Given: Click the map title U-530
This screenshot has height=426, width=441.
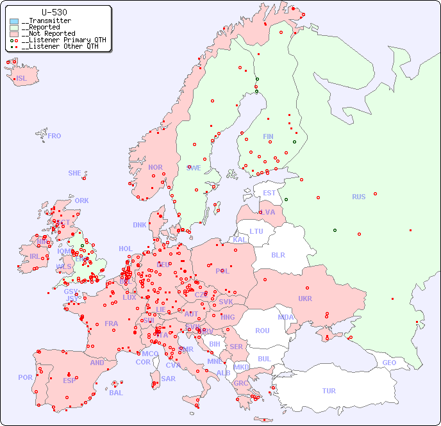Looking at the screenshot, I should click(54, 12).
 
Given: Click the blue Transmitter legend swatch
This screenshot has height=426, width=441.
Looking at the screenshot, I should click(14, 21).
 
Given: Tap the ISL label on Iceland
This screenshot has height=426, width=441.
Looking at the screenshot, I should click(21, 79).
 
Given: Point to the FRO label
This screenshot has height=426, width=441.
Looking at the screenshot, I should click(54, 136).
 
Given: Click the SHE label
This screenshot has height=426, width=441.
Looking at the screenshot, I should click(74, 173).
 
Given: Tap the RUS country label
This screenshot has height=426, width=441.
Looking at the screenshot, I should click(358, 197).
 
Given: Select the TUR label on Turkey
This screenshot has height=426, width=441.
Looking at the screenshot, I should click(329, 391).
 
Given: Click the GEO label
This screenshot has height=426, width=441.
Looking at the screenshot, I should click(389, 363).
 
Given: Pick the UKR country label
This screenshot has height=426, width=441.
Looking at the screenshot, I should click(304, 299).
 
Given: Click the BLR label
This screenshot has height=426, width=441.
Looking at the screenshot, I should click(278, 254).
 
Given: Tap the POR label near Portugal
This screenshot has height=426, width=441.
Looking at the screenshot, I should click(25, 377).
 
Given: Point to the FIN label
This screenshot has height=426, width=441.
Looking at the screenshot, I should click(268, 136).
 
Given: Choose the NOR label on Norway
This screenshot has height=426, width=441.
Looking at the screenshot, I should click(155, 167).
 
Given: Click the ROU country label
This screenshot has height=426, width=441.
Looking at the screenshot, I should click(262, 331).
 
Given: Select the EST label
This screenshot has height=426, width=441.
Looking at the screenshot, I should click(269, 193).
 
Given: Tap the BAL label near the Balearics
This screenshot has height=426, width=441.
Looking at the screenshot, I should click(115, 393).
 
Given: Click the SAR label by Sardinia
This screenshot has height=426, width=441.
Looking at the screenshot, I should click(168, 378).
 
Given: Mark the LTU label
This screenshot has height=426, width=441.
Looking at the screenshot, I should click(256, 231).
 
